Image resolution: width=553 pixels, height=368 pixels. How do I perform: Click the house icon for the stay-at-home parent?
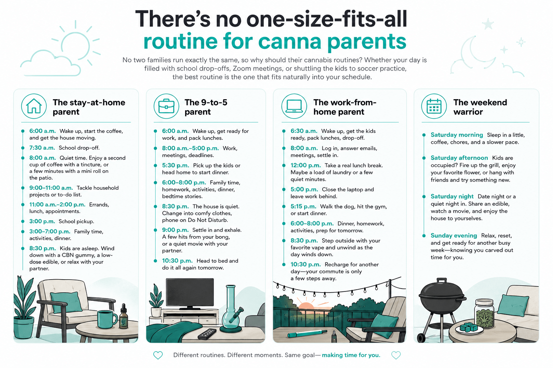point(34,106)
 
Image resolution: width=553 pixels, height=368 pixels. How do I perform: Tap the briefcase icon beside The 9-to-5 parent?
point(166,106)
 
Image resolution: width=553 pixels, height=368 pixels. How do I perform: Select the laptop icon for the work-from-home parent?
point(294,106)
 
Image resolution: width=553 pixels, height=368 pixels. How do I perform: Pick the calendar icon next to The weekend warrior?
point(434,106)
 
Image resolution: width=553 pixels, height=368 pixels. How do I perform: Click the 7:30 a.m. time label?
point(42,148)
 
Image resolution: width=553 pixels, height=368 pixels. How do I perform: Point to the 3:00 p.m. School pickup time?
point(42,221)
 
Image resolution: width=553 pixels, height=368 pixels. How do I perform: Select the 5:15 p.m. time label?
point(304,206)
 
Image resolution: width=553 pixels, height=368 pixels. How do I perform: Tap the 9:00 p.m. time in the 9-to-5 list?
point(175,230)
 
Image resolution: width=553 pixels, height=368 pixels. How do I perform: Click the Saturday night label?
point(452,197)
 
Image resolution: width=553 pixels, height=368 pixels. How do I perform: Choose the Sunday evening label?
point(454,235)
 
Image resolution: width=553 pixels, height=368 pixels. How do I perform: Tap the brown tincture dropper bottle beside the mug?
point(124,317)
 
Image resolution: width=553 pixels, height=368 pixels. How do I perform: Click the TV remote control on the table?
point(207,334)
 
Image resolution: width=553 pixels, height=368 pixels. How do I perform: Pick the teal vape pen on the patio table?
point(307,334)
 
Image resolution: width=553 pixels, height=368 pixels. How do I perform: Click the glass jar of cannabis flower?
point(484,313)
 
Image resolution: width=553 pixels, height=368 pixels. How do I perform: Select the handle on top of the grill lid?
point(442,281)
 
